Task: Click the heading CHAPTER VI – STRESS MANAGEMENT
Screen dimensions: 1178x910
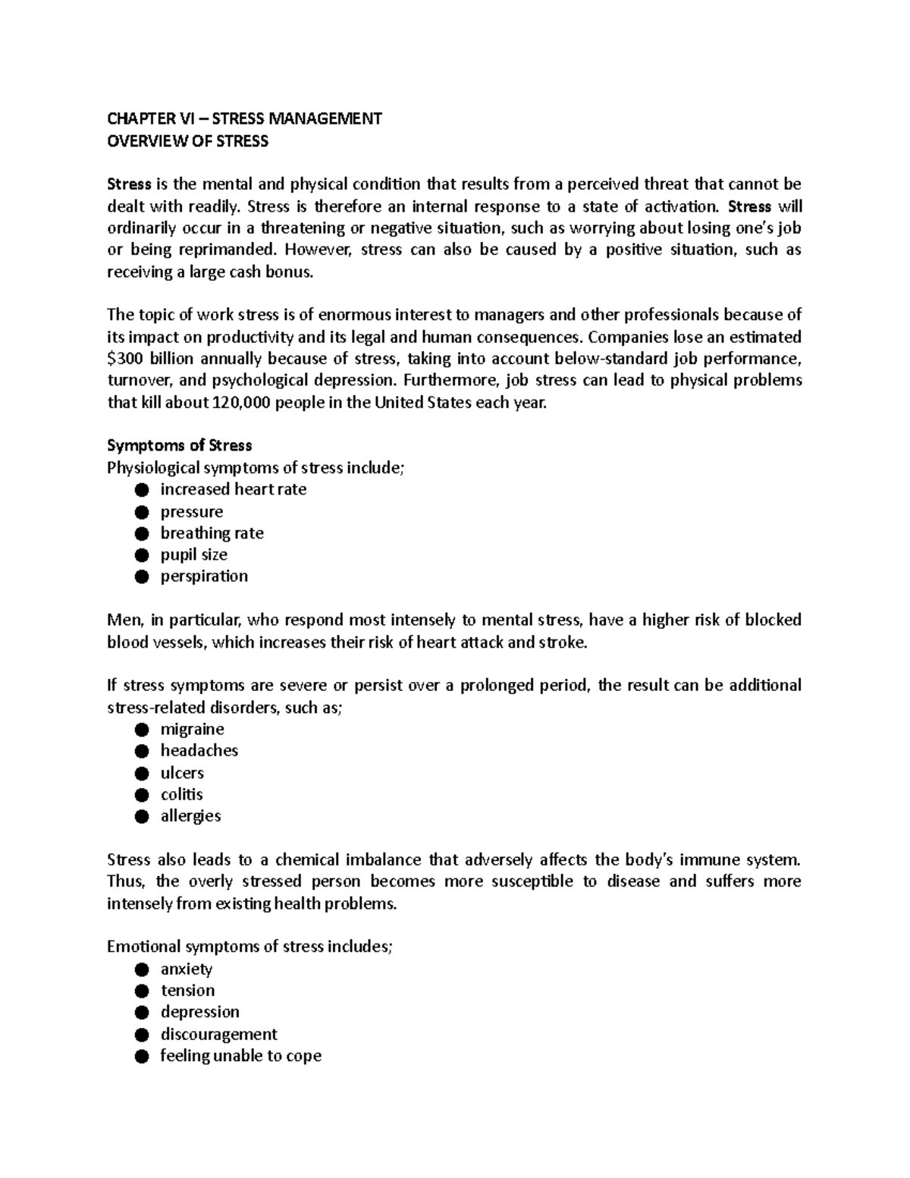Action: click(244, 118)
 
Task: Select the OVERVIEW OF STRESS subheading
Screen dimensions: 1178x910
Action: click(187, 141)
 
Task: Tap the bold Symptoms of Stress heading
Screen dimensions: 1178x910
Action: click(179, 445)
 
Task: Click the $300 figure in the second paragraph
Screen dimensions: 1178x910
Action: click(126, 358)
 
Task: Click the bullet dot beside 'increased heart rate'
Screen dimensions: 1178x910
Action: click(141, 490)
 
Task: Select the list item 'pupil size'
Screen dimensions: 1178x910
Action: click(193, 554)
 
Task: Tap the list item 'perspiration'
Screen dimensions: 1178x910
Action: click(204, 576)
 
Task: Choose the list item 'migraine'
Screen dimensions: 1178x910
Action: click(192, 729)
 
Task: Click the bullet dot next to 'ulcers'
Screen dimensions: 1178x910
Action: click(141, 774)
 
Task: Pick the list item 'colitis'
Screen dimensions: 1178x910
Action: click(181, 794)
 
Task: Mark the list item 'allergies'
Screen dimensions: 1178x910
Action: click(190, 816)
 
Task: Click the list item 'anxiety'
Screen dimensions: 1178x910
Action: click(186, 969)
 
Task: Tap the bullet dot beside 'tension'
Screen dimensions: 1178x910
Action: click(141, 991)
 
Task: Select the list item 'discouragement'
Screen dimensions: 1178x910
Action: click(218, 1034)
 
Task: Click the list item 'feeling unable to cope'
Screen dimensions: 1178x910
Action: click(240, 1056)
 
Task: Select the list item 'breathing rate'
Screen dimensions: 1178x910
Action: click(212, 533)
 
